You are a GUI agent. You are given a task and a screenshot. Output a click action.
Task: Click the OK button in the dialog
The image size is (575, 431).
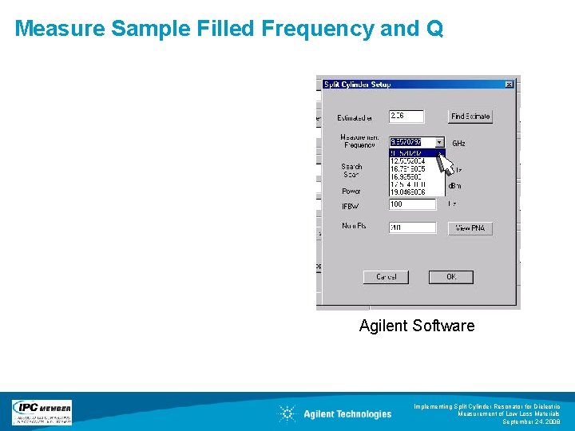click(x=450, y=277)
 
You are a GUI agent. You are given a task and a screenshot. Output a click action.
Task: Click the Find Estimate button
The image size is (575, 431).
click(x=470, y=117)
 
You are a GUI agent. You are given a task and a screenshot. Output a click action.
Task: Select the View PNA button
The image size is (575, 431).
click(x=470, y=228)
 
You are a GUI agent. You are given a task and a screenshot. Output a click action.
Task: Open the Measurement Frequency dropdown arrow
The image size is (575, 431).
click(x=439, y=142)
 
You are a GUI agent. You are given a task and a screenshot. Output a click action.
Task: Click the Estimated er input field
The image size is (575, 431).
click(x=406, y=117)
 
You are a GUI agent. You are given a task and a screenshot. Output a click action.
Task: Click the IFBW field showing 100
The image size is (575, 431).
click(x=412, y=204)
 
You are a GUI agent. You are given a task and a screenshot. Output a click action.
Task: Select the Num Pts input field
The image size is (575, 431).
click(x=412, y=228)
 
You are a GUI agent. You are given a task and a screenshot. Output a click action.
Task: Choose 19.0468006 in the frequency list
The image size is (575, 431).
click(x=413, y=192)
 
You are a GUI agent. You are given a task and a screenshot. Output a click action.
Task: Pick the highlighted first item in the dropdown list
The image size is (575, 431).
click(x=413, y=152)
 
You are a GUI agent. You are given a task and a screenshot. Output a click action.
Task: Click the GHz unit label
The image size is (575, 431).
click(x=459, y=144)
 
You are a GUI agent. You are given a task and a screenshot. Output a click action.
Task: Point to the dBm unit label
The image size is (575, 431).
click(x=455, y=186)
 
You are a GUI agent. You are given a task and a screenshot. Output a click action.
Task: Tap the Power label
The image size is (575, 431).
click(x=351, y=192)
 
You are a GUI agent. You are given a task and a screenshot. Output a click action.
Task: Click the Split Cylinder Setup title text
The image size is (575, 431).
click(x=357, y=84)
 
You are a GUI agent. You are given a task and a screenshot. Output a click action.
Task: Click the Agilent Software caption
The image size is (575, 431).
click(x=417, y=326)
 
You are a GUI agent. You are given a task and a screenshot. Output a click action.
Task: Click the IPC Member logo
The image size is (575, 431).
click(x=42, y=412)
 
